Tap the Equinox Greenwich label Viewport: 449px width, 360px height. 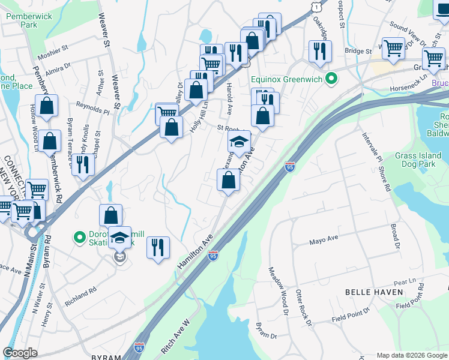pos(286,79)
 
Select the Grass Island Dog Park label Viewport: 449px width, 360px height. pos(418,160)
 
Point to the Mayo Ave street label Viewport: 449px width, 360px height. pos(324,240)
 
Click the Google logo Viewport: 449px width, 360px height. pos(20,353)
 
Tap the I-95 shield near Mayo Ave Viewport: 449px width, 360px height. pos(213,256)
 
